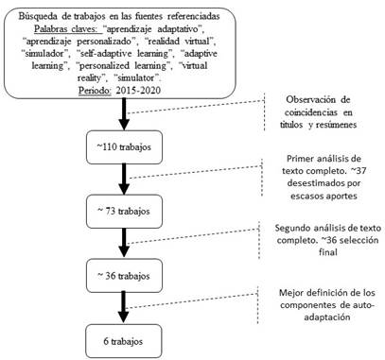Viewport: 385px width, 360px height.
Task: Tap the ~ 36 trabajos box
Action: (127, 275)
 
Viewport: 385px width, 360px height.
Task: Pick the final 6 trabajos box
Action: (127, 338)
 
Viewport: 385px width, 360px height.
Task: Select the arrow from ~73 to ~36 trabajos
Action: (127, 242)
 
